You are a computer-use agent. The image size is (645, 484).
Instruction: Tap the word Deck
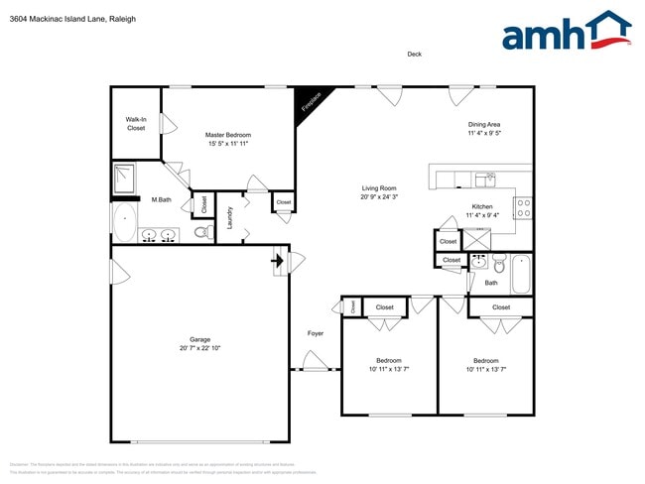point(414,55)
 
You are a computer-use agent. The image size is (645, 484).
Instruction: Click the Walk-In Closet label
point(136,124)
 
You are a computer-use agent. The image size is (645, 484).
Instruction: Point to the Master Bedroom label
point(228,135)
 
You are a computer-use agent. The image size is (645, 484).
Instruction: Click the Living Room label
point(379,187)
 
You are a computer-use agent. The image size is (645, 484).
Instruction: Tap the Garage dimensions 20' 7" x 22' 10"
point(199,348)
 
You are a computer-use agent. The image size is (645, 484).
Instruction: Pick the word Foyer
point(316,333)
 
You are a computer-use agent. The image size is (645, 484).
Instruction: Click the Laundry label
point(230,216)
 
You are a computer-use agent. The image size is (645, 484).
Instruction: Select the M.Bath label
point(161,199)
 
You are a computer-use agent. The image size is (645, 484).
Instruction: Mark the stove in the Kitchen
point(523,207)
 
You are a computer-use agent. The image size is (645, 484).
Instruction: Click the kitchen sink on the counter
point(484,180)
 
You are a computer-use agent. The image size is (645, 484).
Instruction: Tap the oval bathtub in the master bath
point(125,223)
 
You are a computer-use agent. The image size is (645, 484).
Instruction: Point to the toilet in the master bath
point(200,233)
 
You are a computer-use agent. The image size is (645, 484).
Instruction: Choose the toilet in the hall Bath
point(499,265)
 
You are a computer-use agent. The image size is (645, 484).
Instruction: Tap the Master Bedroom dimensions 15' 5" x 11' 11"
point(228,144)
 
